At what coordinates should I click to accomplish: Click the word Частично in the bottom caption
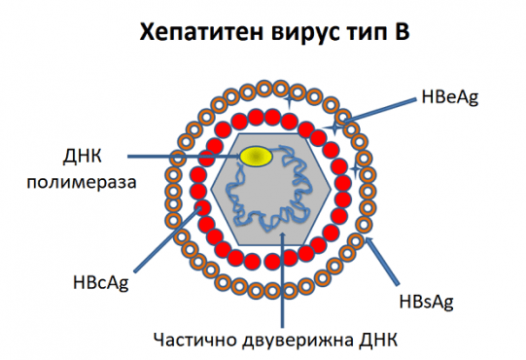click(190, 340)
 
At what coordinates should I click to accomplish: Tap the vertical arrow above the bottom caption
click(283, 282)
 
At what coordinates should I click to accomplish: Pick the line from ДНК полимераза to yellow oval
click(185, 156)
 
